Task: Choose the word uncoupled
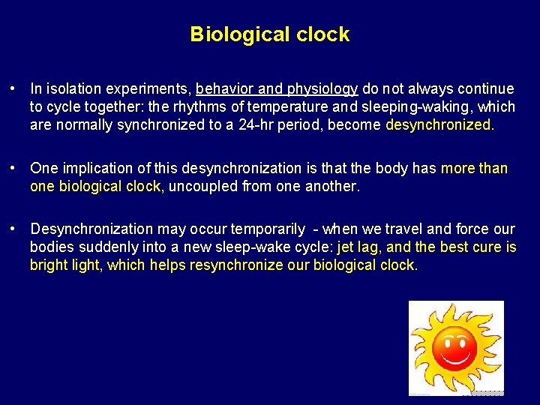click(x=203, y=186)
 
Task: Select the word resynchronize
click(x=238, y=265)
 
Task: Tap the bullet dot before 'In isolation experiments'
click(x=14, y=89)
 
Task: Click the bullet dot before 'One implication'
click(x=14, y=168)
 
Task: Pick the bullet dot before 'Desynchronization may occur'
click(x=14, y=229)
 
